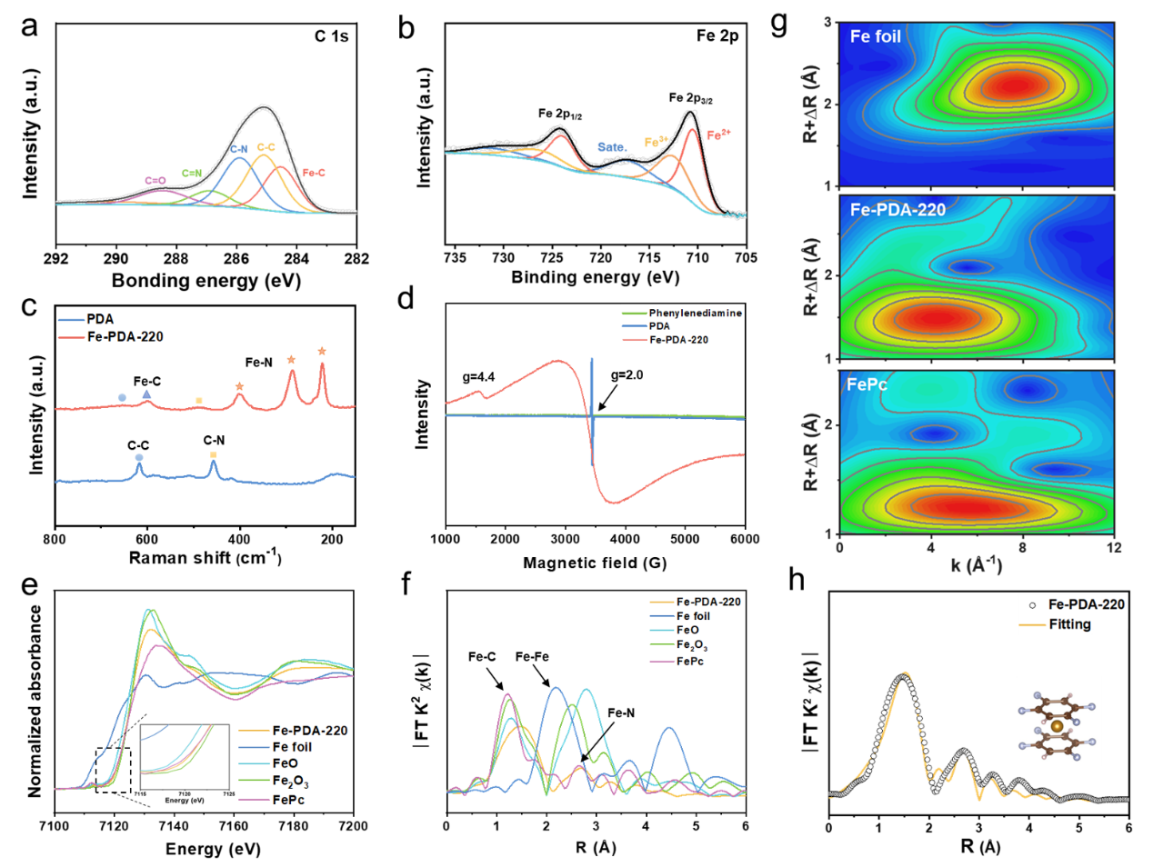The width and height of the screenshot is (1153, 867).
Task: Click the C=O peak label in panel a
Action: [155, 181]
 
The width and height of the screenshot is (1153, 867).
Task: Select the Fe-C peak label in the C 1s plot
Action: [314, 173]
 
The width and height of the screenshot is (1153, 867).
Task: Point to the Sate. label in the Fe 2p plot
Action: [612, 147]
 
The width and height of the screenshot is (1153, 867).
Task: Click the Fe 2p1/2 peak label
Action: [559, 115]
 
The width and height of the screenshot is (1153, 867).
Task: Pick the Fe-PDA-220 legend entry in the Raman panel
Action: [125, 336]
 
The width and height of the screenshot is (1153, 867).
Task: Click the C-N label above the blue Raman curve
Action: [214, 441]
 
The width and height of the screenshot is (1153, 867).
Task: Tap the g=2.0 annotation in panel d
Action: [627, 375]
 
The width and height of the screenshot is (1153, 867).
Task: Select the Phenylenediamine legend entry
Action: [695, 314]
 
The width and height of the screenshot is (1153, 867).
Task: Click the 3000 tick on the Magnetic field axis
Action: [565, 539]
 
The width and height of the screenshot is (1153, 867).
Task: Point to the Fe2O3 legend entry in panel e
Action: [290, 782]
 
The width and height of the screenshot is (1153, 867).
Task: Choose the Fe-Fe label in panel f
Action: [532, 657]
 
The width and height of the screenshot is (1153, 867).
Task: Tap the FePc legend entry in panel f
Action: [689, 662]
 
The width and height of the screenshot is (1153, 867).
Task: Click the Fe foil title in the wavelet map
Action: [875, 37]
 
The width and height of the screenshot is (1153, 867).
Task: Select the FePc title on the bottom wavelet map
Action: [867, 385]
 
